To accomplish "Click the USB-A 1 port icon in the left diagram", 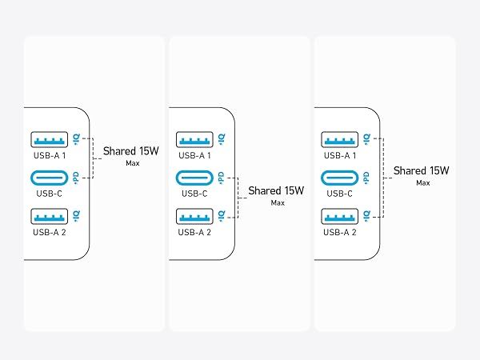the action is (x=50, y=139).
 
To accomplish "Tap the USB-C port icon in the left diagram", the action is (x=50, y=178).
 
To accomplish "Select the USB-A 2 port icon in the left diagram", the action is (x=50, y=217).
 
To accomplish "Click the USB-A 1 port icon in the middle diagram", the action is (x=194, y=139).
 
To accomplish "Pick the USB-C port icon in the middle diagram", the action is (x=194, y=178).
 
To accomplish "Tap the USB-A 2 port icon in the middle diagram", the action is (x=194, y=217).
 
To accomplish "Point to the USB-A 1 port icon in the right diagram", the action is (x=339, y=139).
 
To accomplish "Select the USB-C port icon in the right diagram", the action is (x=339, y=178).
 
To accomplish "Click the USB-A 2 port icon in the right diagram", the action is (x=339, y=217).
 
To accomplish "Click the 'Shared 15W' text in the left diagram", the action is (x=131, y=151).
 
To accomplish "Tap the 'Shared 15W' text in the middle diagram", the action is (x=276, y=190).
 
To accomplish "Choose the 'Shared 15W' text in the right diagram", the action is (x=422, y=170).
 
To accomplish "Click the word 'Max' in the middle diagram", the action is (x=278, y=202).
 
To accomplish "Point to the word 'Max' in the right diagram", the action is (x=423, y=182).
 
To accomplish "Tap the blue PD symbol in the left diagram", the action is (x=76, y=178).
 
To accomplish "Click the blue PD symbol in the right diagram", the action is (x=366, y=178).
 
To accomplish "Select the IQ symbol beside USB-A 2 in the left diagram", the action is (x=76, y=216).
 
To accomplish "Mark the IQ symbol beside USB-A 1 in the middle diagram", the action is (x=222, y=139).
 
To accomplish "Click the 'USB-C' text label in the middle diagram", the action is (x=194, y=194).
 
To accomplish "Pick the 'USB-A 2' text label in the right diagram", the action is (x=340, y=232).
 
